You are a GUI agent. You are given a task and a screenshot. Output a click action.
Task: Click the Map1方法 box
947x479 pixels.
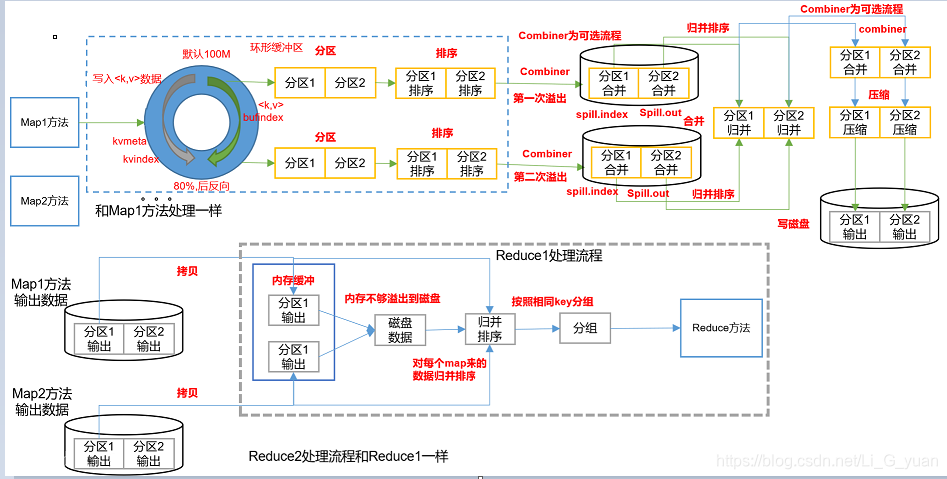pyautogui.click(x=45, y=123)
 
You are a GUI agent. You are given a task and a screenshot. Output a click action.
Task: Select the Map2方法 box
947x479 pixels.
pyautogui.click(x=45, y=201)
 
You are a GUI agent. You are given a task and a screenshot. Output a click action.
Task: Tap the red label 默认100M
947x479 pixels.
pyautogui.click(x=208, y=53)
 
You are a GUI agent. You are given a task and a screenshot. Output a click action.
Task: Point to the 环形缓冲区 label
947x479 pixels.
pyautogui.click(x=275, y=49)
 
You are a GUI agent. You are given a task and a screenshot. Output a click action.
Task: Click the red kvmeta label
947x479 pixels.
pyautogui.click(x=130, y=143)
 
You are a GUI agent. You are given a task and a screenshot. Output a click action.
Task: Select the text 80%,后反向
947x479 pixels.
pyautogui.click(x=201, y=186)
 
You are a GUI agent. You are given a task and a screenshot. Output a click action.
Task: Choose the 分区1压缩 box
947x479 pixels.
pyautogui.click(x=855, y=122)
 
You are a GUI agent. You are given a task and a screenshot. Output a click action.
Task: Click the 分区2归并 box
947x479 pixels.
pyautogui.click(x=789, y=122)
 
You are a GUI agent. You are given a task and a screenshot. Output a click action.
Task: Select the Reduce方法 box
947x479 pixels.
pyautogui.click(x=721, y=328)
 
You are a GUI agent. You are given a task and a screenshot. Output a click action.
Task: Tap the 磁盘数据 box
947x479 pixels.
pyautogui.click(x=400, y=331)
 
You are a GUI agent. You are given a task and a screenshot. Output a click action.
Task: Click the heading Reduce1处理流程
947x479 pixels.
pyautogui.click(x=548, y=256)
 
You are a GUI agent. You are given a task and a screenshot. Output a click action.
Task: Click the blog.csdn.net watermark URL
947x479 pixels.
pyautogui.click(x=829, y=460)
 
